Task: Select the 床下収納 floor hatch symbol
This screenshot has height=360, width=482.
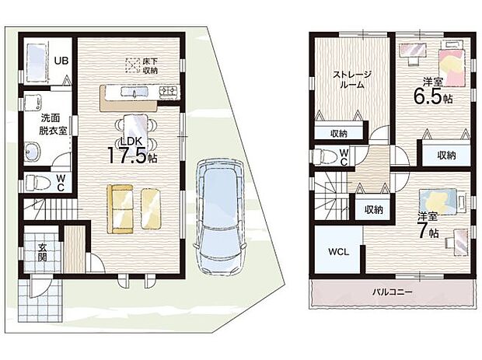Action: [x=134, y=65]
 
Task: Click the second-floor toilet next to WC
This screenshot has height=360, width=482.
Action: [x=324, y=156]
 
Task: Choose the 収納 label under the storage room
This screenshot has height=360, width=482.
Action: [x=337, y=133]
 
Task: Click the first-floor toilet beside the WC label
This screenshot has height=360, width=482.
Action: [x=36, y=183]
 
